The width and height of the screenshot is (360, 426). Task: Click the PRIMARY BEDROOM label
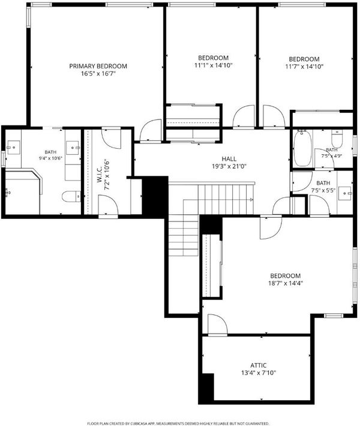[98, 66]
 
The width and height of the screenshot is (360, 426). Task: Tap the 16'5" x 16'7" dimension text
[98, 74]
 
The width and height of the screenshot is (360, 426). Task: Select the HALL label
[229, 159]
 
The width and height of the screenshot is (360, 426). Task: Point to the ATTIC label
[259, 365]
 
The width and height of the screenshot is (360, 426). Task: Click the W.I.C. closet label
[100, 174]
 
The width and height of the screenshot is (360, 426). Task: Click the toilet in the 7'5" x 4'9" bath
[337, 139]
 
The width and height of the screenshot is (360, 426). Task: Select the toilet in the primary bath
[71, 196]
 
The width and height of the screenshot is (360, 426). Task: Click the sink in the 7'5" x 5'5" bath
[345, 193]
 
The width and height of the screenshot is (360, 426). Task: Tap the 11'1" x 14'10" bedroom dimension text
[214, 65]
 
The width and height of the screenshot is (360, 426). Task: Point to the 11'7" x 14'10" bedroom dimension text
[304, 67]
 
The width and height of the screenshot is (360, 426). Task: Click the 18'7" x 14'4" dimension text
[286, 283]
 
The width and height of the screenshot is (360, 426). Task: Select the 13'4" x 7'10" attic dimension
[259, 373]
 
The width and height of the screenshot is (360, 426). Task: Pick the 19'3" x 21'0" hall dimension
[229, 166]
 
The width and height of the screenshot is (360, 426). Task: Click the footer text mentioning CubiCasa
[178, 423]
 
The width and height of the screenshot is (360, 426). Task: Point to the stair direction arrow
[251, 200]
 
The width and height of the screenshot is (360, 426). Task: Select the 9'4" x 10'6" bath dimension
[51, 158]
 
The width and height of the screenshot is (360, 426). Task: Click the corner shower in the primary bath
[23, 191]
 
